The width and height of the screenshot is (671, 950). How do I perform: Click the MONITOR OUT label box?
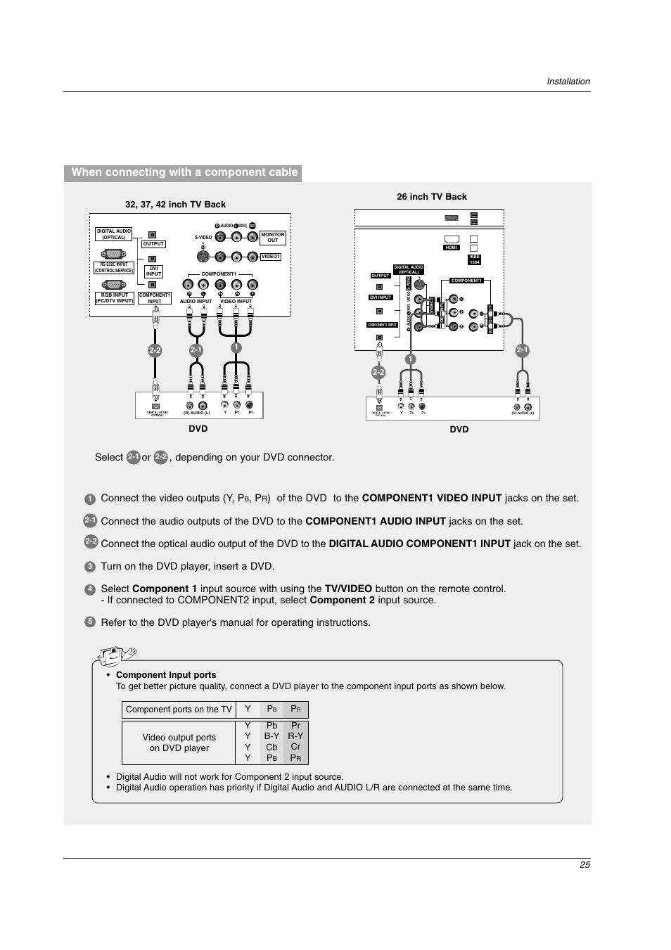tap(273, 238)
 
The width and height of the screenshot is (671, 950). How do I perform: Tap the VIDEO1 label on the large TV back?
tap(271, 257)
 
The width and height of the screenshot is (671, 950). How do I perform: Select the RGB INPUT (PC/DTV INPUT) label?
tap(114, 298)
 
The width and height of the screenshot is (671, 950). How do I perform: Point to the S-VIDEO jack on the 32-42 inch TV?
tap(203, 257)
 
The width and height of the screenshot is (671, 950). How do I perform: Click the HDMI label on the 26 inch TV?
tap(452, 248)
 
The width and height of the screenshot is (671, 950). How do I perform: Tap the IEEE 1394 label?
tap(474, 259)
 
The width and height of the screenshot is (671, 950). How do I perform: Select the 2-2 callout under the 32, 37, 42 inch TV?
tap(155, 350)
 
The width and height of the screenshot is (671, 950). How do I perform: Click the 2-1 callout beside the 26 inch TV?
tap(522, 350)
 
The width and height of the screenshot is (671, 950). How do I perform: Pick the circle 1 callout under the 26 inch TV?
tap(410, 359)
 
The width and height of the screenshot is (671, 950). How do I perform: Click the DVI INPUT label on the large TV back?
tap(153, 271)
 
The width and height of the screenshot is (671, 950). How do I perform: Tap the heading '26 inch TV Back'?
tap(432, 197)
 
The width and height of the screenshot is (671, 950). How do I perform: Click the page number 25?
tap(584, 865)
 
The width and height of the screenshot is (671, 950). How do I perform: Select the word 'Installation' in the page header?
tap(568, 82)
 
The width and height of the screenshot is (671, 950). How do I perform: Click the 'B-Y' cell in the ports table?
tap(272, 736)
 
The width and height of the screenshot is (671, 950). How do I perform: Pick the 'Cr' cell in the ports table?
tap(295, 747)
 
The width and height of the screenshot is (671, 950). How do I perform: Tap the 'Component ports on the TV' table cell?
tap(179, 710)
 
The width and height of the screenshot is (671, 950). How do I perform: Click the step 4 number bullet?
tap(90, 590)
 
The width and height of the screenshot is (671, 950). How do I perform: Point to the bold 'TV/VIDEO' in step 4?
tap(348, 589)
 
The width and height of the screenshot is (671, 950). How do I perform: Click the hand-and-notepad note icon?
tap(117, 656)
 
